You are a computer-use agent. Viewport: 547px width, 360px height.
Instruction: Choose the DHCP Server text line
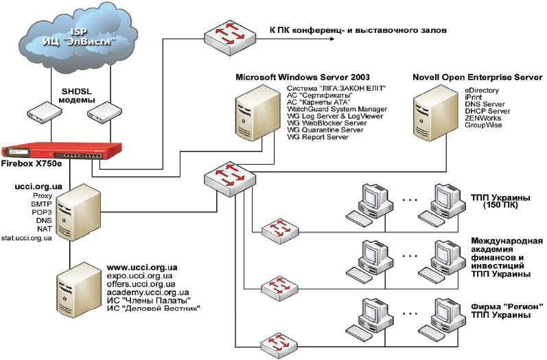point(487,111)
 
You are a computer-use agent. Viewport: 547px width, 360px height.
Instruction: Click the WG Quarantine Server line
point(325,130)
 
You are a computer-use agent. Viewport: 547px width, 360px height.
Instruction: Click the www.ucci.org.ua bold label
point(143,266)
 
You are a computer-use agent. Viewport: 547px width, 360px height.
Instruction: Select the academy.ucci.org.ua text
point(144,291)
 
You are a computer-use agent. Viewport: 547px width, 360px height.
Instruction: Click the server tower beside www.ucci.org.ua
point(74,286)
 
